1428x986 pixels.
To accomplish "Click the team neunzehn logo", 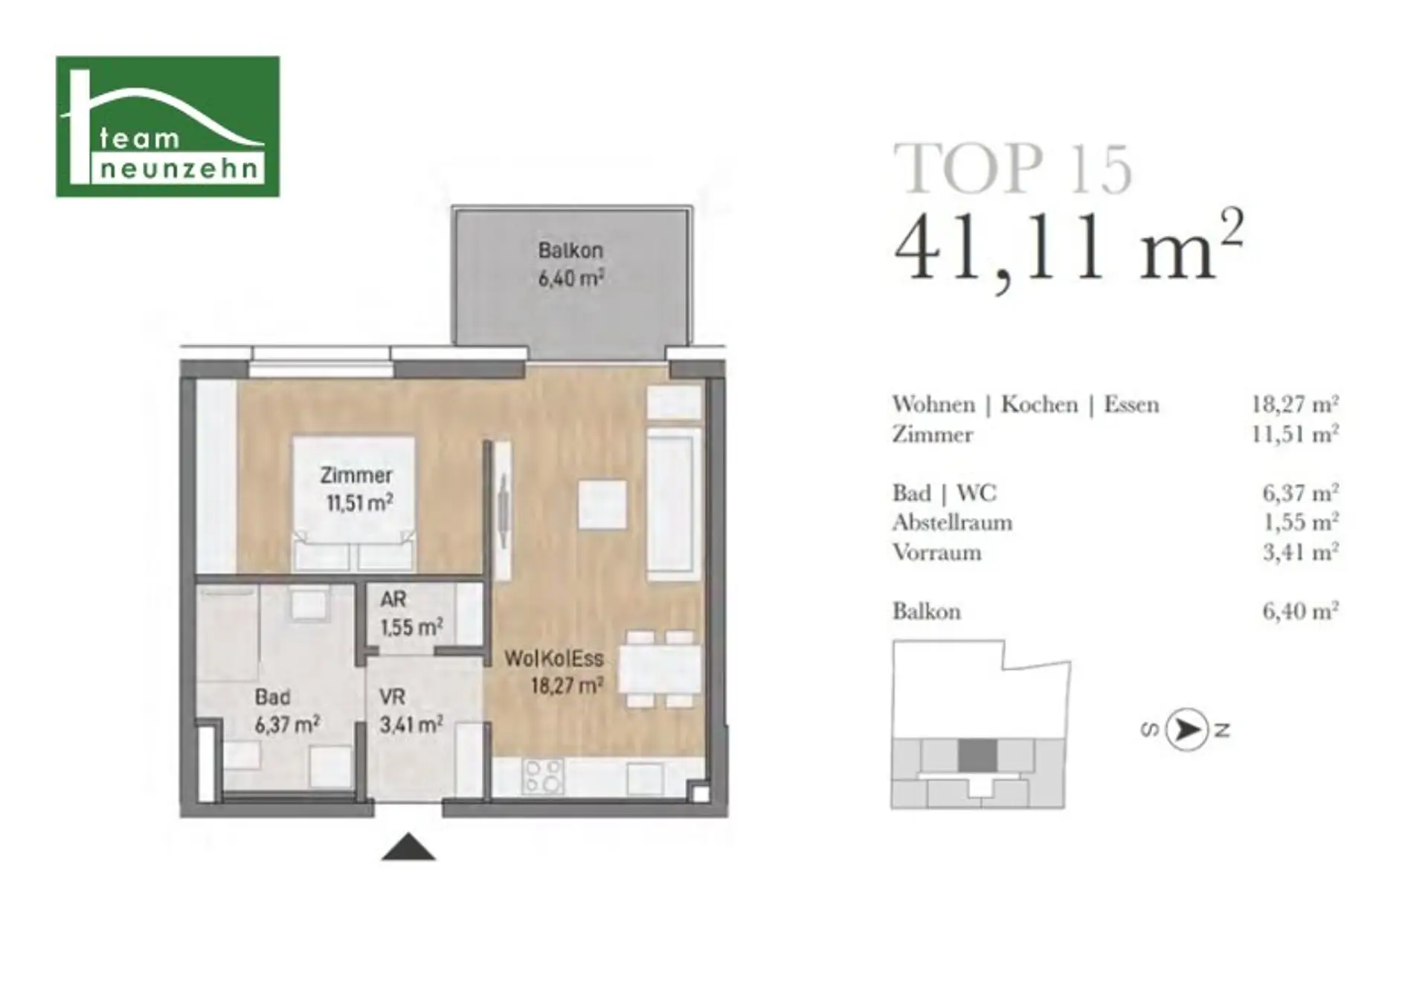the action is (x=168, y=127).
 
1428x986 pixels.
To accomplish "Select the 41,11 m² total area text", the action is (x=1069, y=246).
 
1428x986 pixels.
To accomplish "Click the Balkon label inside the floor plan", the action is (x=570, y=250).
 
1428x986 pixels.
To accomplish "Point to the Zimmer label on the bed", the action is (x=356, y=475).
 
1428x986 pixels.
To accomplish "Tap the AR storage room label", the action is (x=393, y=599).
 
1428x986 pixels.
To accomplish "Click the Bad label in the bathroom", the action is (x=272, y=697).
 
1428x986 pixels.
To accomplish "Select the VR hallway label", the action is (x=392, y=697).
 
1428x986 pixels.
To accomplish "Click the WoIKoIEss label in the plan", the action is (x=554, y=659).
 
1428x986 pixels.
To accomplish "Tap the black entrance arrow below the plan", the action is (x=408, y=847).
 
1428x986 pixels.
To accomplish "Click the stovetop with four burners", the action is (x=543, y=776).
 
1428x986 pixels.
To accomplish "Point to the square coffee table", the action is (x=602, y=505).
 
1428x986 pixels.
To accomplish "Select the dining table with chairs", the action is (x=660, y=669).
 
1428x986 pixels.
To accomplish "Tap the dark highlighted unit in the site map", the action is (x=977, y=756).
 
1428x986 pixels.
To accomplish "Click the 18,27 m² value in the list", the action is (x=1295, y=404).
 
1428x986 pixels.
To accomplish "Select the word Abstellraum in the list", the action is (x=952, y=522).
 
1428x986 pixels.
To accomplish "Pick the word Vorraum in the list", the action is (x=936, y=552).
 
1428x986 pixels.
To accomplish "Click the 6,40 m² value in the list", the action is (x=1301, y=611).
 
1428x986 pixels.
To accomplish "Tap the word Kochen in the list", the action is (x=1039, y=404).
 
